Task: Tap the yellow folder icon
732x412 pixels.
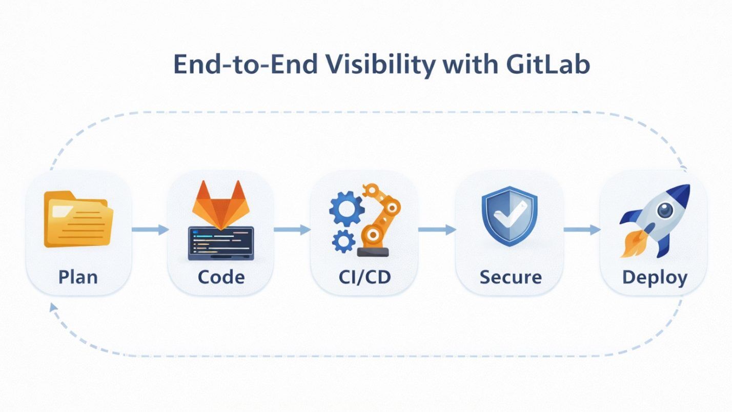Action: click(78, 219)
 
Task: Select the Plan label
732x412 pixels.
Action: click(78, 277)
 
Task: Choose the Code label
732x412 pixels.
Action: click(221, 277)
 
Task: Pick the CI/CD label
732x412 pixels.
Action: click(364, 277)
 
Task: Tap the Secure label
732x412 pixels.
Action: click(511, 277)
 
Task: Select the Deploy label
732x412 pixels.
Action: click(655, 277)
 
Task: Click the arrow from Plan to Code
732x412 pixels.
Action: click(150, 230)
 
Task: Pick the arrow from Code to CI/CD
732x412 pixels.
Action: click(292, 230)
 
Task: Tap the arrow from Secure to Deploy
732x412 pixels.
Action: click(582, 230)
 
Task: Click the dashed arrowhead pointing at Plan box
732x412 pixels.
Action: click(53, 307)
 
